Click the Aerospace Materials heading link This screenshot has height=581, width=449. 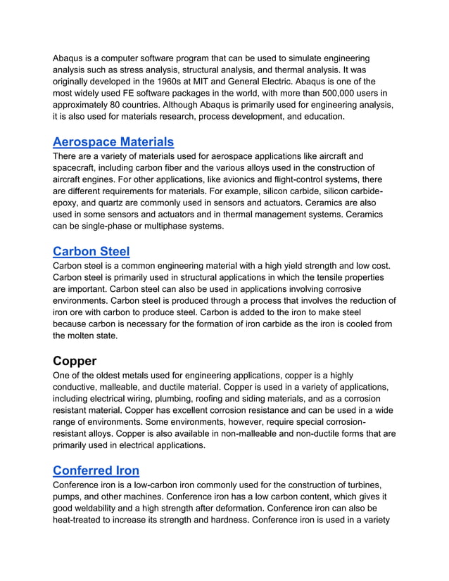coord(113,142)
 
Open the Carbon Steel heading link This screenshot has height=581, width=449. coord(91,251)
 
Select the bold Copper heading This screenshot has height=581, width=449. coord(75,362)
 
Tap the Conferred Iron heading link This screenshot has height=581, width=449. coord(96,471)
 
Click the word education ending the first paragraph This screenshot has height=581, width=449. coord(321,117)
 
